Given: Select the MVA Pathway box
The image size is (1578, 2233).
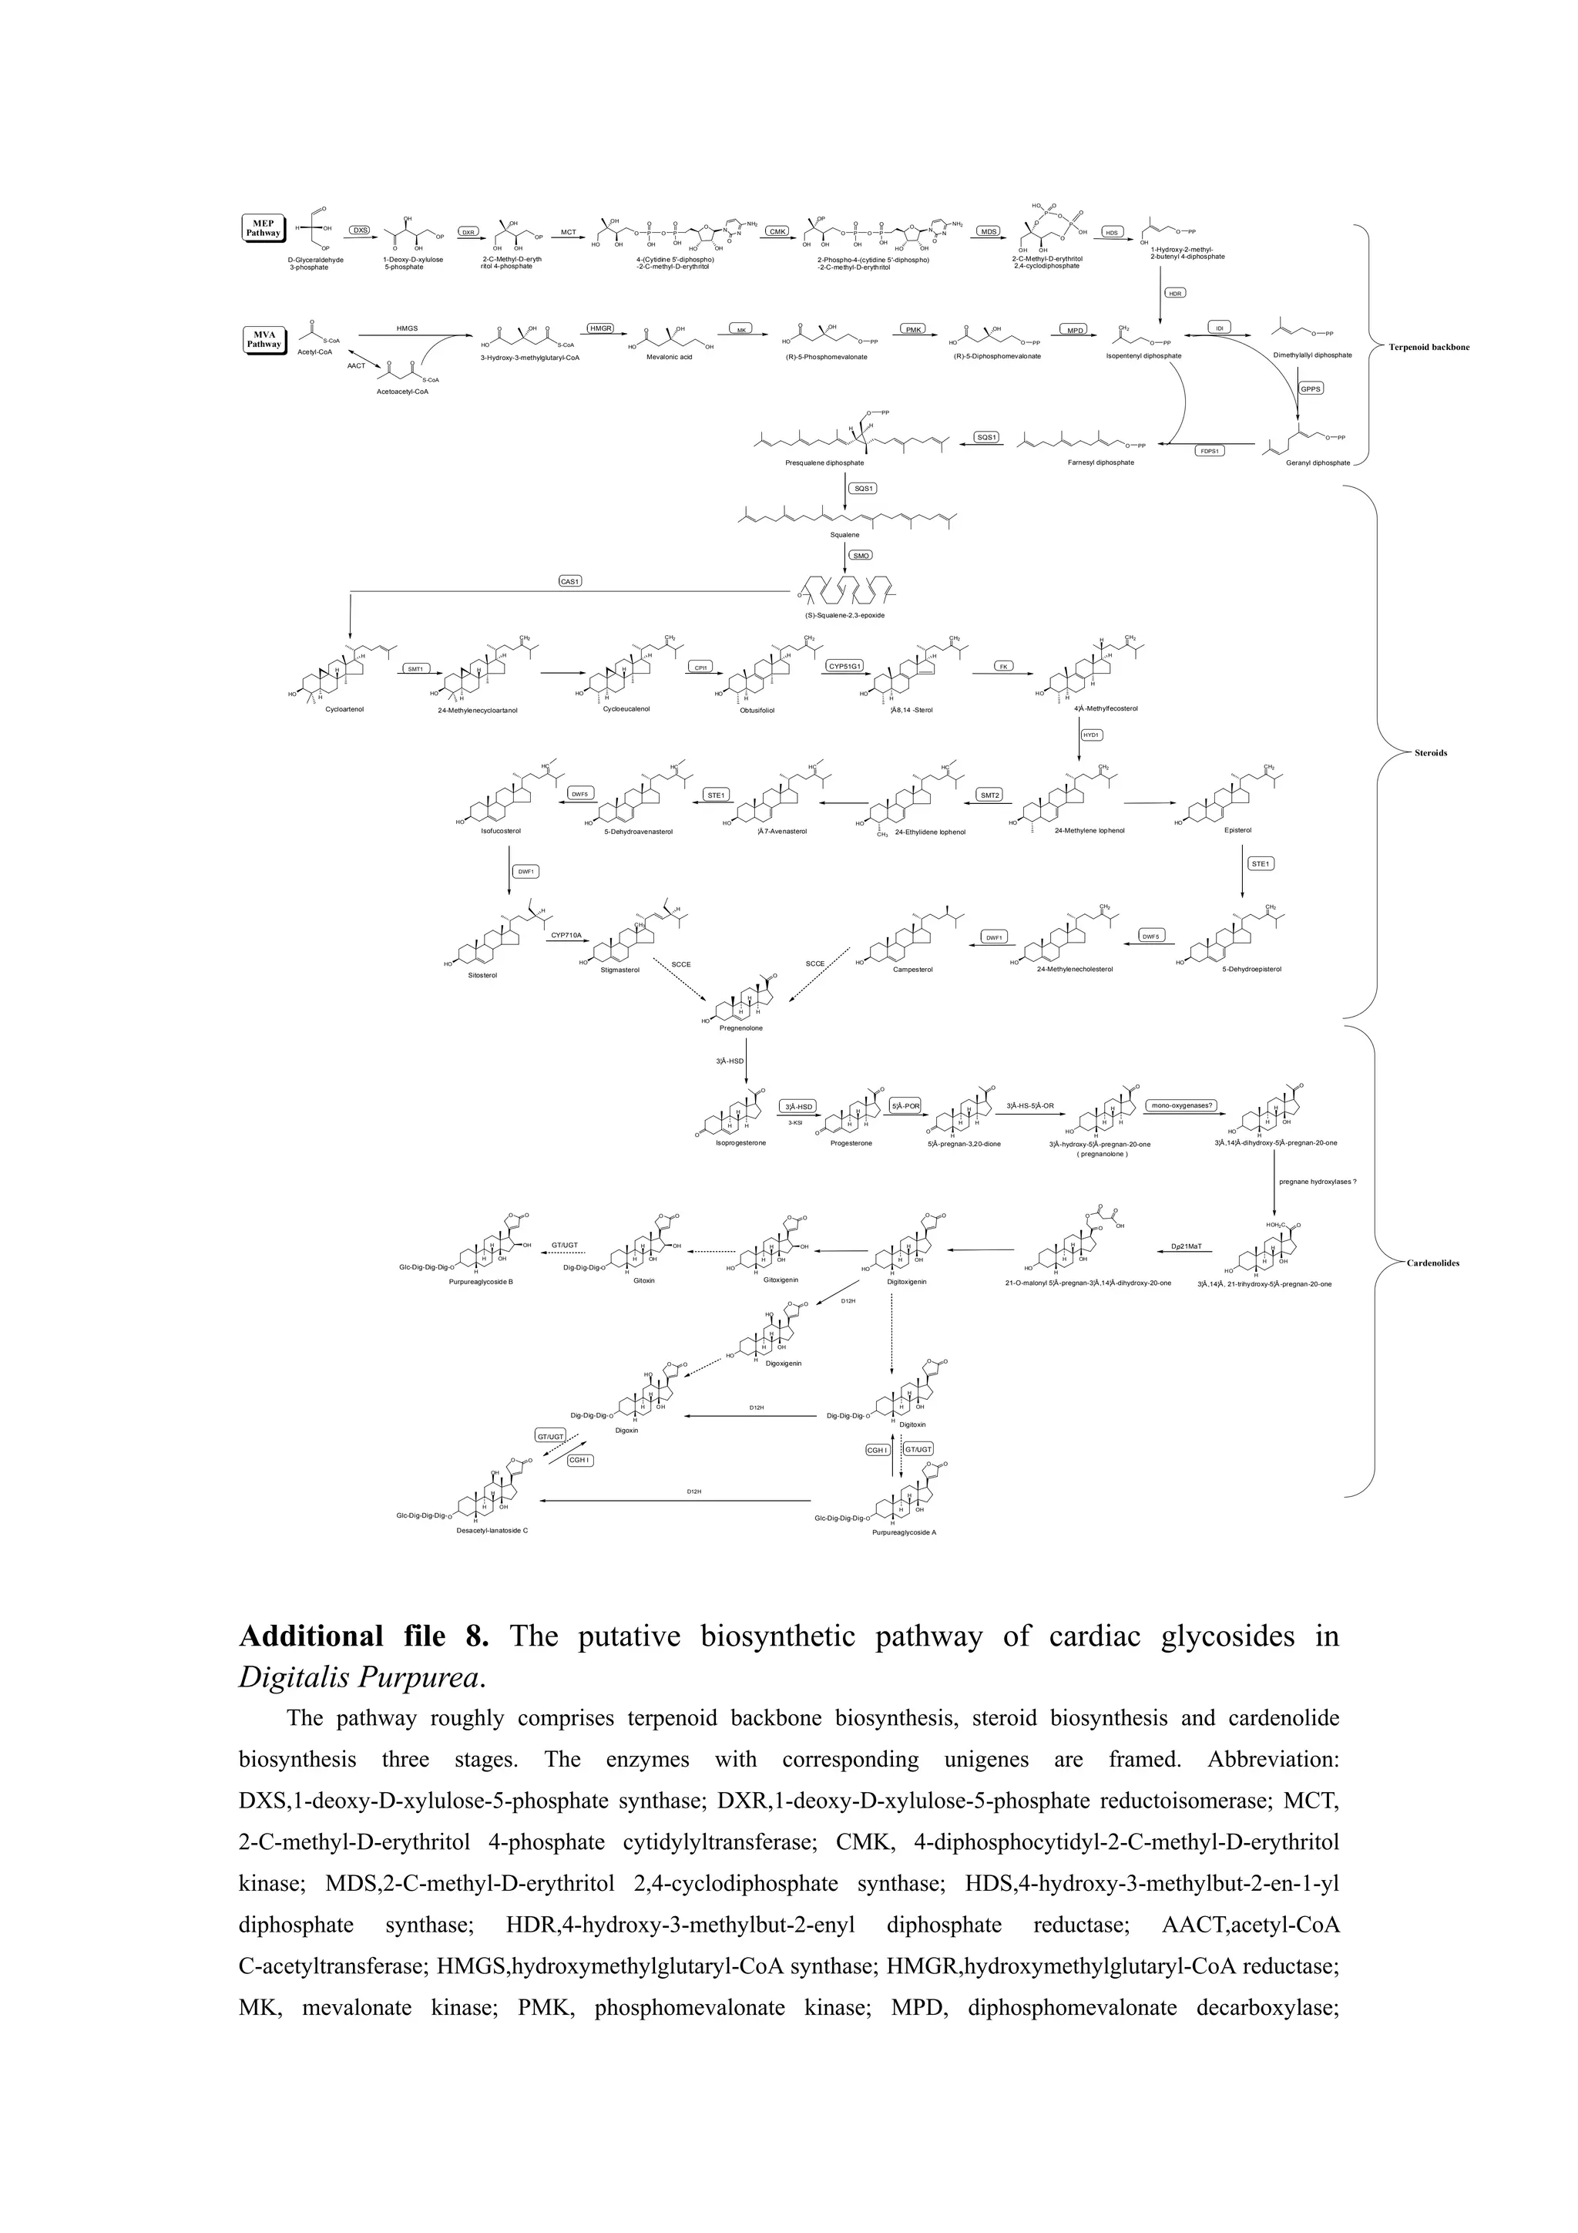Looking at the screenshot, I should coord(264,339).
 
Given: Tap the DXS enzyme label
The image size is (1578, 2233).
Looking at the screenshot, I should coord(361,230).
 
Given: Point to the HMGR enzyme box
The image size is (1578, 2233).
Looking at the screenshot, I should coord(601,328).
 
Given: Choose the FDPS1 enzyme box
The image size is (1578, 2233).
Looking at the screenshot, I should coord(1210,451).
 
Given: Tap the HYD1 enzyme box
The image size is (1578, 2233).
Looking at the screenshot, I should coord(1091,735).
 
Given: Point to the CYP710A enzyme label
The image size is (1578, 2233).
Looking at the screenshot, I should coord(566,935).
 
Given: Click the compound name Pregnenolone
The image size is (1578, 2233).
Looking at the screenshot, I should coord(741,1028).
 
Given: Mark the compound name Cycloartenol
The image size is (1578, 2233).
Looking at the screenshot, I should coord(344,709).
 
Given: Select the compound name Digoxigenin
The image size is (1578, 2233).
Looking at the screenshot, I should coord(783,1364).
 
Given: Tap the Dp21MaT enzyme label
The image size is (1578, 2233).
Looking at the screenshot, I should coord(1186,1246).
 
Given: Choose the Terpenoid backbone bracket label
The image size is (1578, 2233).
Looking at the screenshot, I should coord(1429,347).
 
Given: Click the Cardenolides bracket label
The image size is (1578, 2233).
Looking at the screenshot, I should coord(1433,1263).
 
